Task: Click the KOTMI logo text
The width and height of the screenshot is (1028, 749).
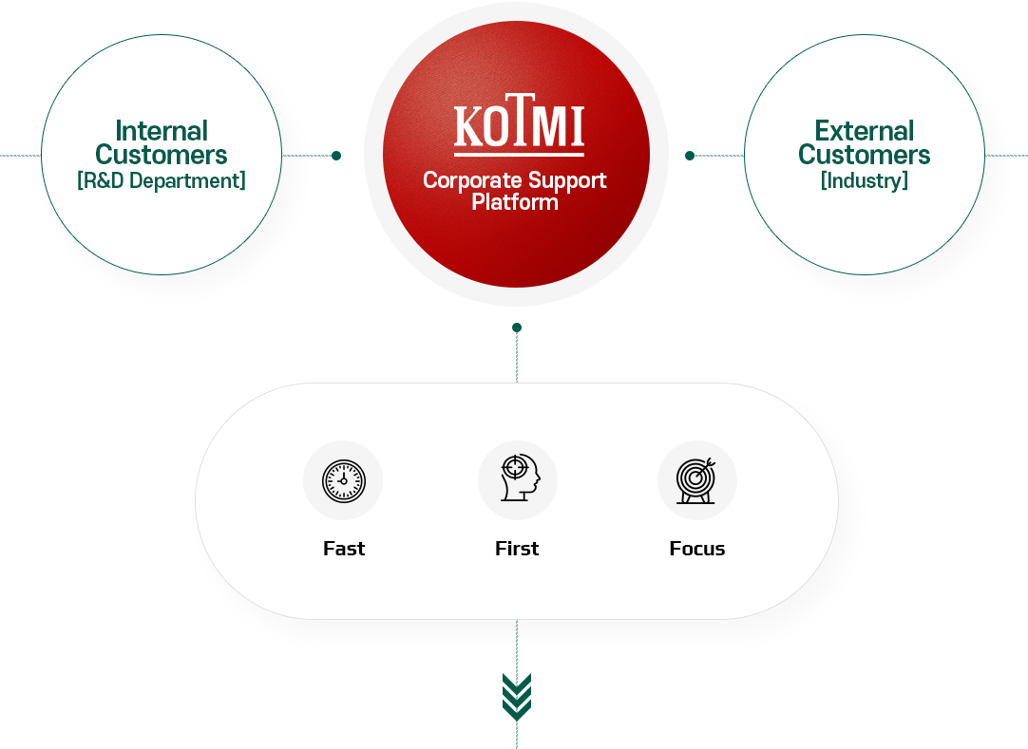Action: point(518,127)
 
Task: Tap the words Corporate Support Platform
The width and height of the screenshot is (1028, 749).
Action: point(515,191)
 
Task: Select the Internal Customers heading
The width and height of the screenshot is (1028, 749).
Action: point(162,142)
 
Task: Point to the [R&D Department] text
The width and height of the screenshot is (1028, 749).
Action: point(162,180)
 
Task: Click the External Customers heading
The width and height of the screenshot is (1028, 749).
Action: point(865,142)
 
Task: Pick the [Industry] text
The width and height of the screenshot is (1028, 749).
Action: point(865,180)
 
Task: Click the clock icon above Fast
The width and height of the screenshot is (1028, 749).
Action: point(343,479)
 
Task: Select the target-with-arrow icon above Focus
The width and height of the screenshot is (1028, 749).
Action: point(697,479)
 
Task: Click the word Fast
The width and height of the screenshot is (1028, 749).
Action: point(344,549)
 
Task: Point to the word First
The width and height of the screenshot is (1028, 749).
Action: point(517,549)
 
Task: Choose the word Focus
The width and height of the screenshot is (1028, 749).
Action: point(697,549)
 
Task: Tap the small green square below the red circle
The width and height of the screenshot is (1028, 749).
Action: point(517,328)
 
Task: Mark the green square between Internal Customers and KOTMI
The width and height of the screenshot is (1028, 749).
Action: point(336,155)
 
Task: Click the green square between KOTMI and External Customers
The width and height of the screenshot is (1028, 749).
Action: point(690,155)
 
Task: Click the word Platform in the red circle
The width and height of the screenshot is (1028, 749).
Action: point(515,202)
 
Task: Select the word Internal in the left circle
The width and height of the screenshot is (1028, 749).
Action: point(162,131)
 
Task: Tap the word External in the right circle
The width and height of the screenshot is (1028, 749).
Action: point(865,131)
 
